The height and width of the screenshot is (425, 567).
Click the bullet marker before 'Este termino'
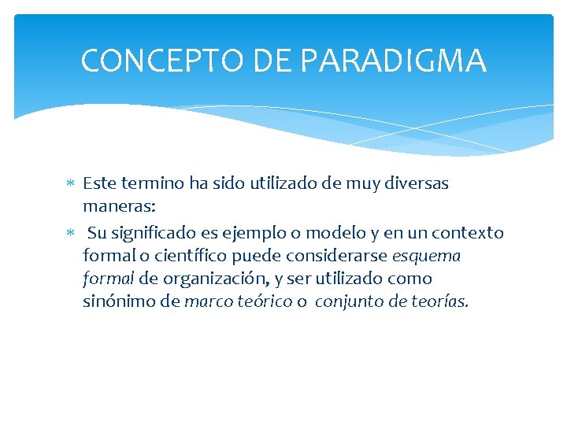click(70, 184)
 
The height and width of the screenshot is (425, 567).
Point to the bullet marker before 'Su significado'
click(70, 234)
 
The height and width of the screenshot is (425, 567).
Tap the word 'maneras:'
click(119, 207)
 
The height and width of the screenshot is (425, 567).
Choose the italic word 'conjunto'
click(349, 302)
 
